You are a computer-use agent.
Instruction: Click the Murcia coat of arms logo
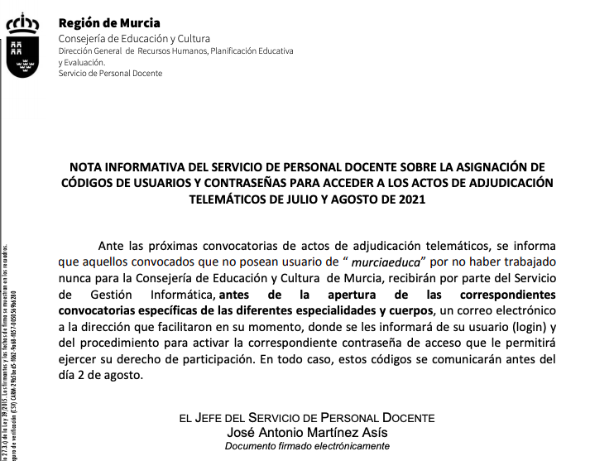(x=26, y=46)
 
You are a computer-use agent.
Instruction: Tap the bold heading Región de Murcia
(x=109, y=23)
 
